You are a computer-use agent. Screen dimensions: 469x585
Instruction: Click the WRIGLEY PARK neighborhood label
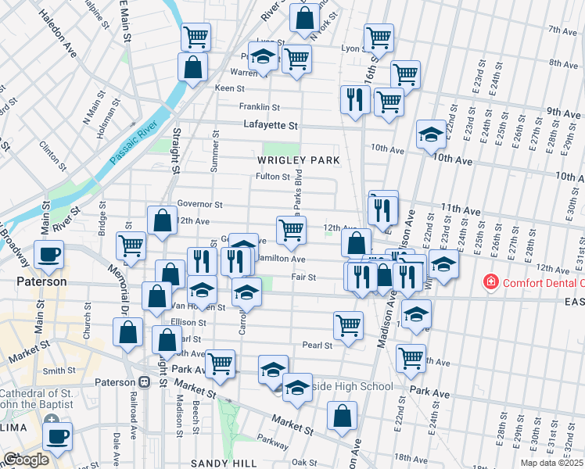click(299, 160)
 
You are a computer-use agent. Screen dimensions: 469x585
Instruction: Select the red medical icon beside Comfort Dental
click(490, 281)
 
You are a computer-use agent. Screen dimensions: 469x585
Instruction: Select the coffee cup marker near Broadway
click(48, 254)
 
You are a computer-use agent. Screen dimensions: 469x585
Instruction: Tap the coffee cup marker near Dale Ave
click(56, 436)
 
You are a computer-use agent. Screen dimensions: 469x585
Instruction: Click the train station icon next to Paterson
click(144, 381)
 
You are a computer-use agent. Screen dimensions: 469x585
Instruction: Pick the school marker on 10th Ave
click(431, 134)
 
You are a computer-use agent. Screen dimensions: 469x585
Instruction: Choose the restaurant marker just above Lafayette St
click(355, 99)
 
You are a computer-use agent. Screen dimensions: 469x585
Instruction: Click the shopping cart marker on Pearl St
click(348, 324)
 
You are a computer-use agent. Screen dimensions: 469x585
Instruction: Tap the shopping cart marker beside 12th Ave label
click(291, 230)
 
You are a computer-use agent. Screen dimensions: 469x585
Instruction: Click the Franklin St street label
click(260, 107)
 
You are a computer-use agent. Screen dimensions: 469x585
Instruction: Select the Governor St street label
click(196, 204)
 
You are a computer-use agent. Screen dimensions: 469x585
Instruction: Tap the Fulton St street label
click(273, 177)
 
